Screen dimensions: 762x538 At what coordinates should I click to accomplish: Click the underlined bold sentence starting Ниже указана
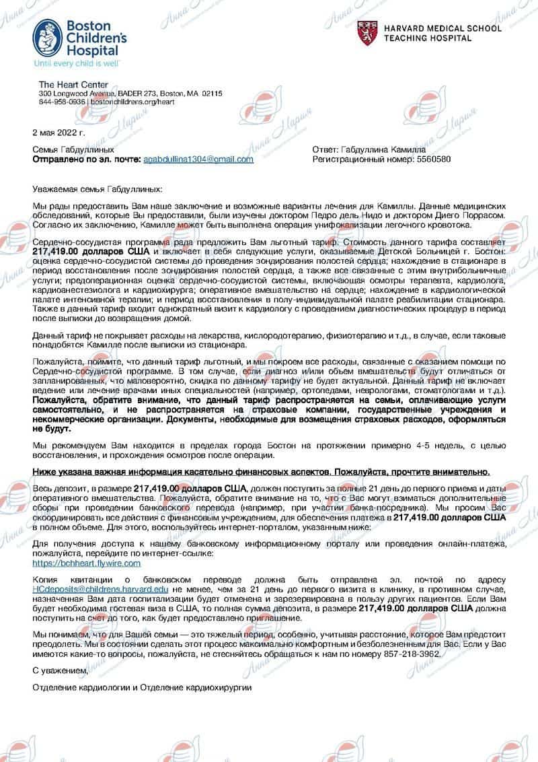pyautogui.click(x=266, y=471)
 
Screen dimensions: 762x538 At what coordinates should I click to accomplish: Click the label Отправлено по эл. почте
pyautogui.click(x=87, y=160)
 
